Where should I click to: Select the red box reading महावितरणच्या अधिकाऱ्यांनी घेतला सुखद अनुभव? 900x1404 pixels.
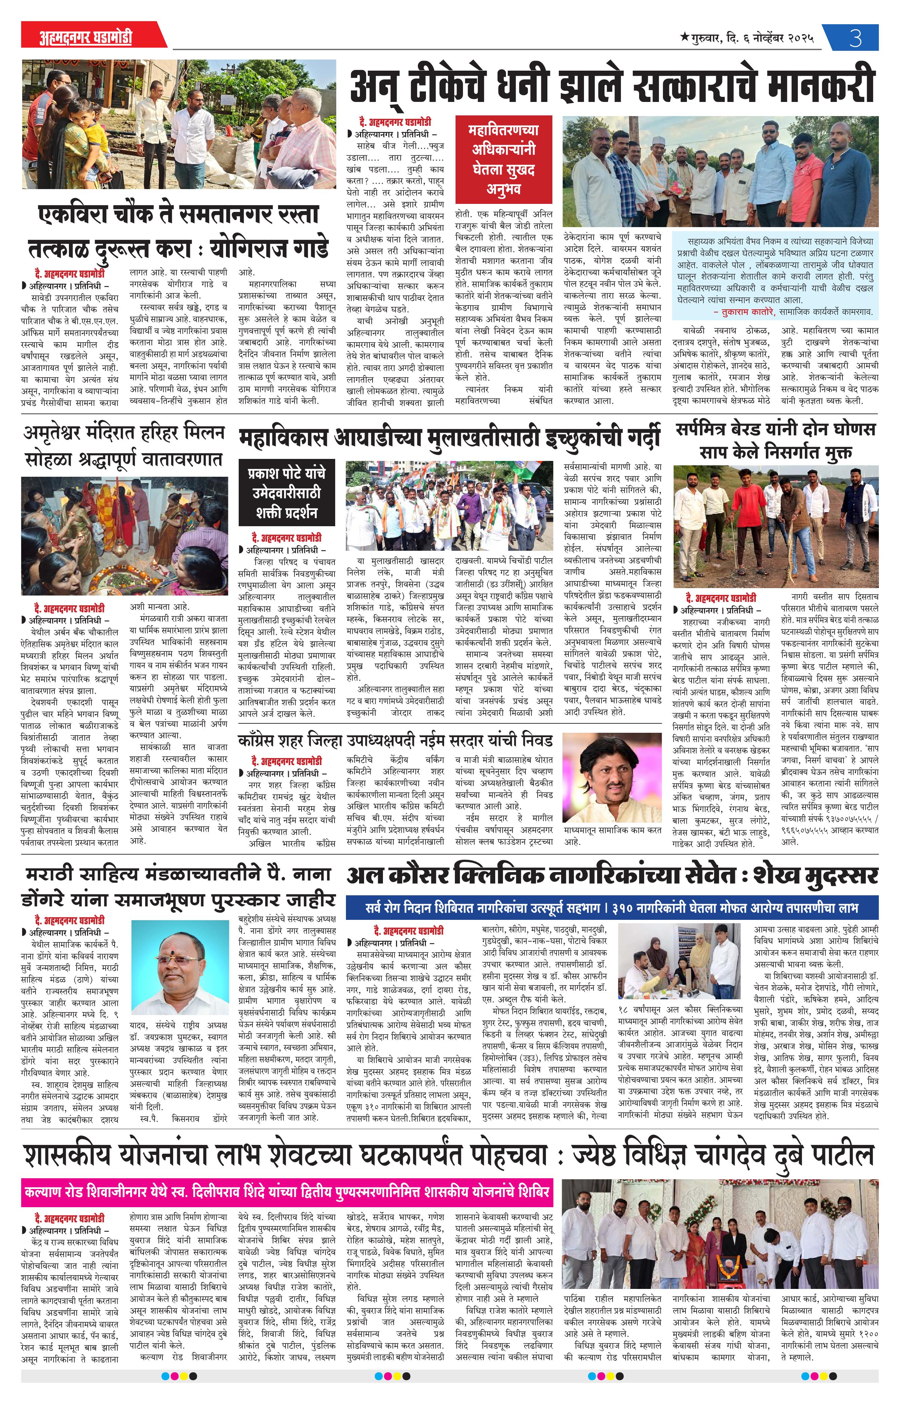tap(503, 159)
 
